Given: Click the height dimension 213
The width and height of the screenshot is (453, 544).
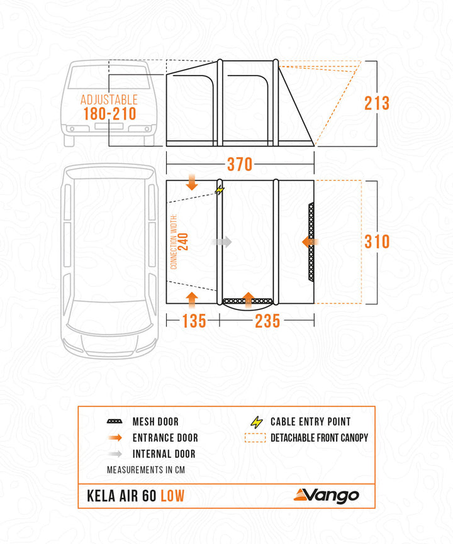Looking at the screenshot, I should coord(377,103).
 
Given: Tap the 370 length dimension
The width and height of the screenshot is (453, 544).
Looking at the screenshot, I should coord(240,165).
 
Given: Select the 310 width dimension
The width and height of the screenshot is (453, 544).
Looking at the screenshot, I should coord(377,241).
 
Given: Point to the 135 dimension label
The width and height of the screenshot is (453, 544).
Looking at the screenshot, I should coord(193,321).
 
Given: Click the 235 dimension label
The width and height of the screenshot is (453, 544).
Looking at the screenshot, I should coord(267,321).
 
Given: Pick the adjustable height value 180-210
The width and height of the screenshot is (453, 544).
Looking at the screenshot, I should coord(108,114).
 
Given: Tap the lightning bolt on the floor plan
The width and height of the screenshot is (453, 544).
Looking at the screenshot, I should coord(220,189).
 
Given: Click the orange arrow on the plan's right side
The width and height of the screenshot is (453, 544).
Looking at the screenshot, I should coord(310,241).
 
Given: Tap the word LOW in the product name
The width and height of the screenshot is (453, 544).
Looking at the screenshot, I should coord(172,496).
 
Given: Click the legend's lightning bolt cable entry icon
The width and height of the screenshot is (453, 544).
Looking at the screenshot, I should coord(257,422).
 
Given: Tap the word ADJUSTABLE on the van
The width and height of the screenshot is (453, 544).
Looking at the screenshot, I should coord(108,99).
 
